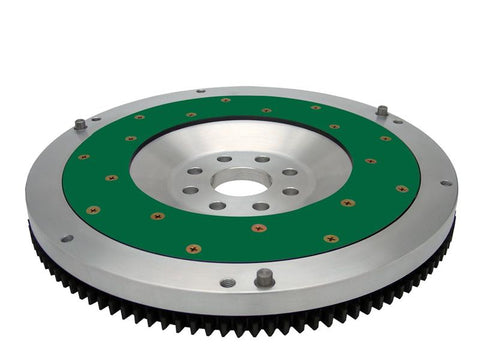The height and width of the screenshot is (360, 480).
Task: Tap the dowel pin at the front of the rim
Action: pos(264,278)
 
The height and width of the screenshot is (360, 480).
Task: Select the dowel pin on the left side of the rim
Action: pos(80,125)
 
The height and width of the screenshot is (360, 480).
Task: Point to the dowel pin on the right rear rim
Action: pos(382,110)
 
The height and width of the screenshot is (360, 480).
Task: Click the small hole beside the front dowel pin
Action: pos(228,283)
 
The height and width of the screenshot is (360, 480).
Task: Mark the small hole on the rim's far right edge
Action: pos(446,182)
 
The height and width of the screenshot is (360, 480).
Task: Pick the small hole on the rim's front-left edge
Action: pos(67,238)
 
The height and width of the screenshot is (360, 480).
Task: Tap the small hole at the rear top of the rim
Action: pos(200,91)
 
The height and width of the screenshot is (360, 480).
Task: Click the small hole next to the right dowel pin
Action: pos(397,122)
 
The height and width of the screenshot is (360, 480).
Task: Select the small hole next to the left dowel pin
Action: pos(96,119)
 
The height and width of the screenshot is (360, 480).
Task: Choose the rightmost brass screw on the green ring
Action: pos(402,188)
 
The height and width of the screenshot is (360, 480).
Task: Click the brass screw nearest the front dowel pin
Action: pos(259,228)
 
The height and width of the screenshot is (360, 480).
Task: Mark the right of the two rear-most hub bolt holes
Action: pos(262,159)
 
